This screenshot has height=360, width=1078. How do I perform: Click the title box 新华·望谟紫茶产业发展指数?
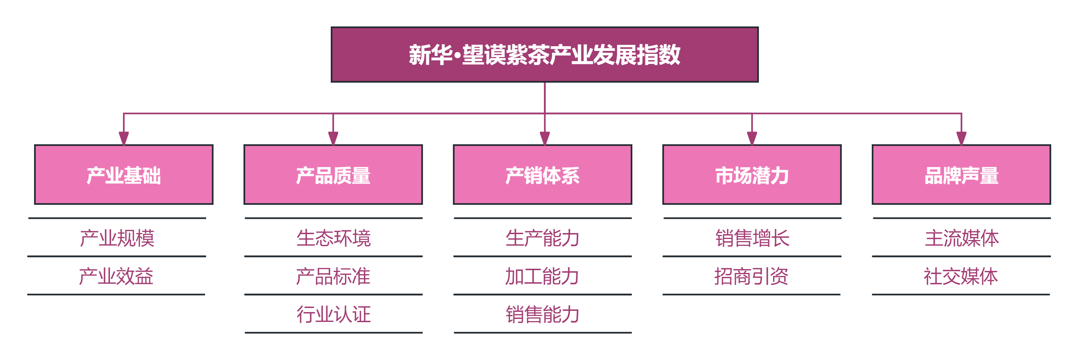tap(544, 55)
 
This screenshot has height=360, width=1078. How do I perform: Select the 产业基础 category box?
tap(124, 175)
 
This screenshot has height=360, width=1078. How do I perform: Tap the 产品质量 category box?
tap(333, 175)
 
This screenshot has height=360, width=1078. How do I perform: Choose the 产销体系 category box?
tap(542, 175)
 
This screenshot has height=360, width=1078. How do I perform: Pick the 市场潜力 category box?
tap(752, 175)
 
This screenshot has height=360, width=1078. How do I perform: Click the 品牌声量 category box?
tap(961, 175)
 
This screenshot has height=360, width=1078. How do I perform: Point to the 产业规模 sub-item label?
tap(117, 238)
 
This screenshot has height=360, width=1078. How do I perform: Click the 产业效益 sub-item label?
tap(116, 276)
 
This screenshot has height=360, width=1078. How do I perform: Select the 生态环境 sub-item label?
tap(333, 238)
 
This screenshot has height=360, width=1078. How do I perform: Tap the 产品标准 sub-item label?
tap(333, 276)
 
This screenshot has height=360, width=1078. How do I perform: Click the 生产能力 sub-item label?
tap(542, 238)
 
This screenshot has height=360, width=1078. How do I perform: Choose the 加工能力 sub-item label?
tap(542, 276)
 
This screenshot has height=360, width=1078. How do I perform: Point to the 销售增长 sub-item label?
tap(752, 238)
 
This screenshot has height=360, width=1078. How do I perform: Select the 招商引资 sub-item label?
tap(751, 276)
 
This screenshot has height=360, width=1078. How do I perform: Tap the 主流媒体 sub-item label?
tap(961, 238)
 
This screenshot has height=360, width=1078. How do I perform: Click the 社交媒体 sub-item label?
tap(961, 276)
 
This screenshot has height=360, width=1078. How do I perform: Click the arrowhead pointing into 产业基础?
tap(124, 138)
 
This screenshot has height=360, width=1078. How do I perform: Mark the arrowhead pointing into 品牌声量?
tap(961, 138)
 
